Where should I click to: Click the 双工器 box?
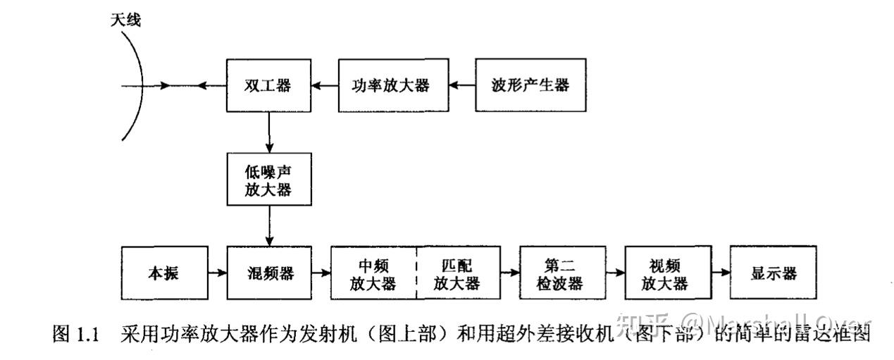268,86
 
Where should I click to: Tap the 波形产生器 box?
530,86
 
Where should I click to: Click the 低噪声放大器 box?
268,180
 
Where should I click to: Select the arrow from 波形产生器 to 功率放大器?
462,86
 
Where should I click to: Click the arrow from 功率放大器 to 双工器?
325,86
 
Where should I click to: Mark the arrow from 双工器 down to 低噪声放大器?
268,134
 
